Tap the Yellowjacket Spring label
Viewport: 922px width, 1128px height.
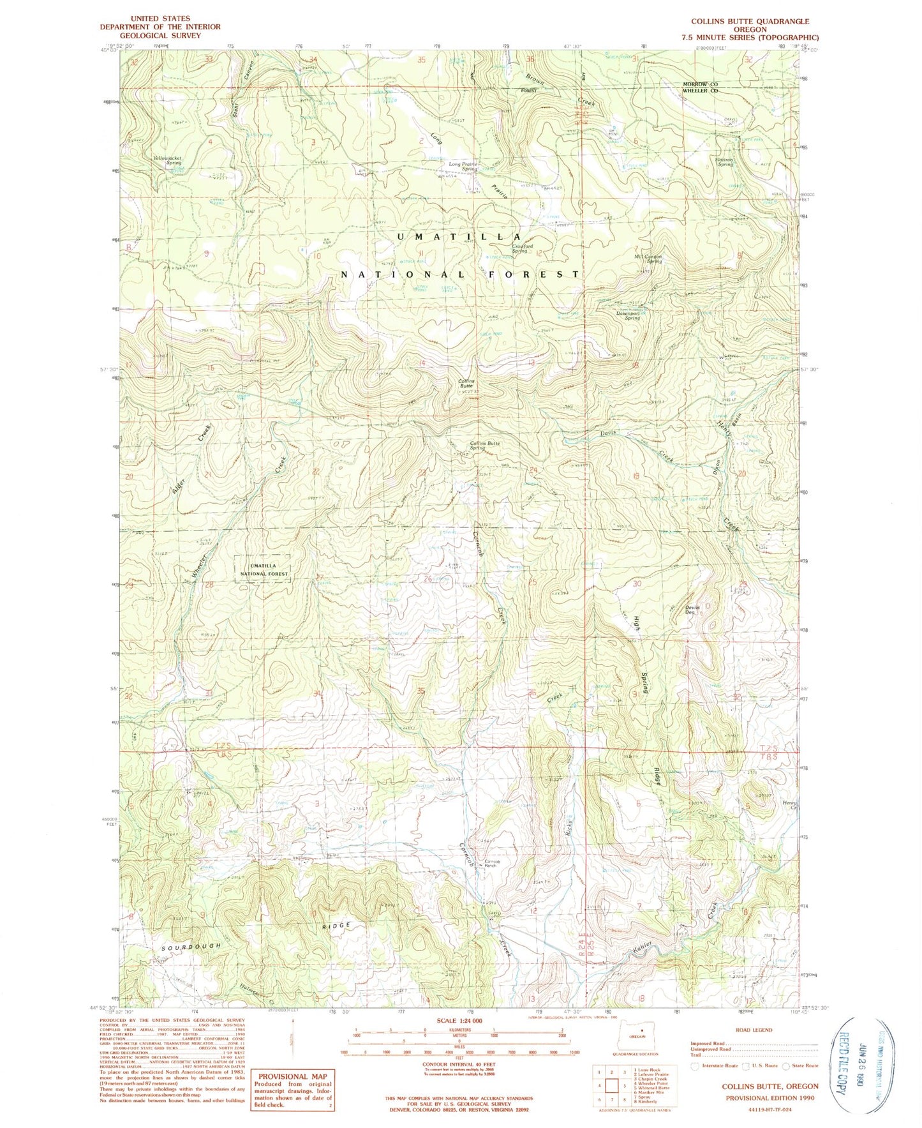click(168, 160)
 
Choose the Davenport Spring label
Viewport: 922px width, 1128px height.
click(623, 315)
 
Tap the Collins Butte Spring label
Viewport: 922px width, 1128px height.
click(485, 445)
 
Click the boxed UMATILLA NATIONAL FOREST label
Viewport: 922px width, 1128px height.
click(264, 569)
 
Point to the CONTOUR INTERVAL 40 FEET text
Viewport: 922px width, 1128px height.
click(459, 1064)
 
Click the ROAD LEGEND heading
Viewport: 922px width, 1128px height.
click(754, 1030)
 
